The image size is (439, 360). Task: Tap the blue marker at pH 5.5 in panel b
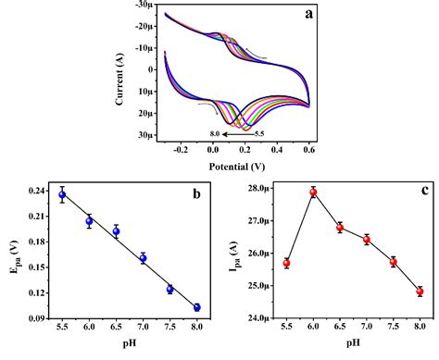pyautogui.click(x=62, y=195)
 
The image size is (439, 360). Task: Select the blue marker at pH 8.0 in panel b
pyautogui.click(x=196, y=307)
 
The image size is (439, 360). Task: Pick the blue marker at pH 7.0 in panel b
pyautogui.click(x=143, y=258)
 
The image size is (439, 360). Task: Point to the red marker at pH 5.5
pyautogui.click(x=286, y=263)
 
